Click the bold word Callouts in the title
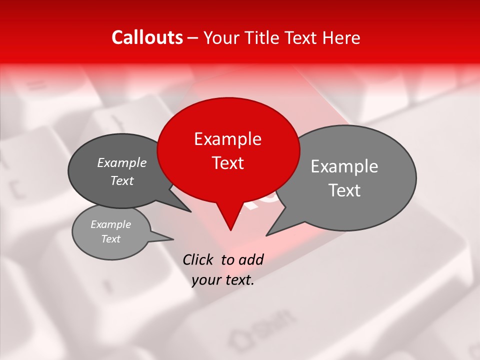147,37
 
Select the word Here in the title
341,38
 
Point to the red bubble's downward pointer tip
230,229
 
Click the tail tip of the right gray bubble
266,235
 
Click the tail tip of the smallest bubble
173,238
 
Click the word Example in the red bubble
227,139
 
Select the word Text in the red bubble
227,163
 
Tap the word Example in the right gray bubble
344,166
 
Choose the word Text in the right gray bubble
344,190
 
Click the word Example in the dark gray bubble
121,162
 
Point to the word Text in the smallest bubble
111,239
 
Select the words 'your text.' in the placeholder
223,280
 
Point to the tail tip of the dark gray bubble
191,211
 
